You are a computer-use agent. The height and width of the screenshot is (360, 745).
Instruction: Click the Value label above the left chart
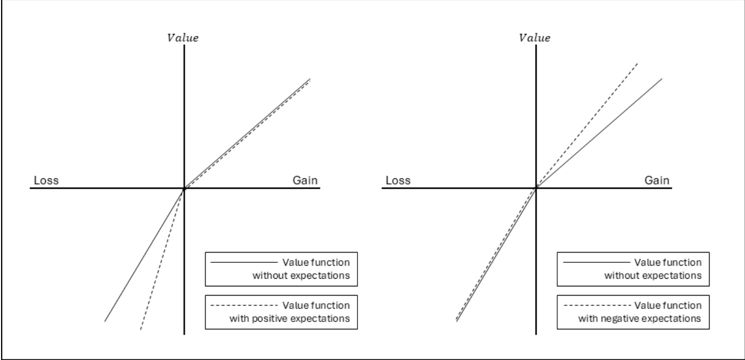183,38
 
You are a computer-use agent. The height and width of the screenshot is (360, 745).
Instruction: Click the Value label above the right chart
534,38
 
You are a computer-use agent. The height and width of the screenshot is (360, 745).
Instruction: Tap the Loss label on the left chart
46,181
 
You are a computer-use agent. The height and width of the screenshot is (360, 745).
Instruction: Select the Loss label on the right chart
398,181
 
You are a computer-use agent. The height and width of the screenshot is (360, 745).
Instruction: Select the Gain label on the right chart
657,181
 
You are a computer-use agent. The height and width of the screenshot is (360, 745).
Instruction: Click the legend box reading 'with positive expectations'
281,312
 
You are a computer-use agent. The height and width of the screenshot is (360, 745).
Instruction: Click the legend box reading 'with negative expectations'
633,312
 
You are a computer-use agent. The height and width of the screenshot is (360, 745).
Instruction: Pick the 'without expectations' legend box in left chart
281,269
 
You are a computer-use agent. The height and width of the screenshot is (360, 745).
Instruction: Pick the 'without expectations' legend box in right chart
633,269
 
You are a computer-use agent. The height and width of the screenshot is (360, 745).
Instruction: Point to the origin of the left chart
184,188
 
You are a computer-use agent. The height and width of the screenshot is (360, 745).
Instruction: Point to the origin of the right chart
536,188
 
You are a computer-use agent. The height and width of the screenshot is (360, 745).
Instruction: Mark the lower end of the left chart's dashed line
140,329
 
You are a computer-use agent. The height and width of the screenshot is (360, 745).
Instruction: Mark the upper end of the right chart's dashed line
637,63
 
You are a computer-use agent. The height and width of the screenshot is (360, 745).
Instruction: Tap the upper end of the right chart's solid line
661,79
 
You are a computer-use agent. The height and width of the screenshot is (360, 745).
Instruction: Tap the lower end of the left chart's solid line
104,320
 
